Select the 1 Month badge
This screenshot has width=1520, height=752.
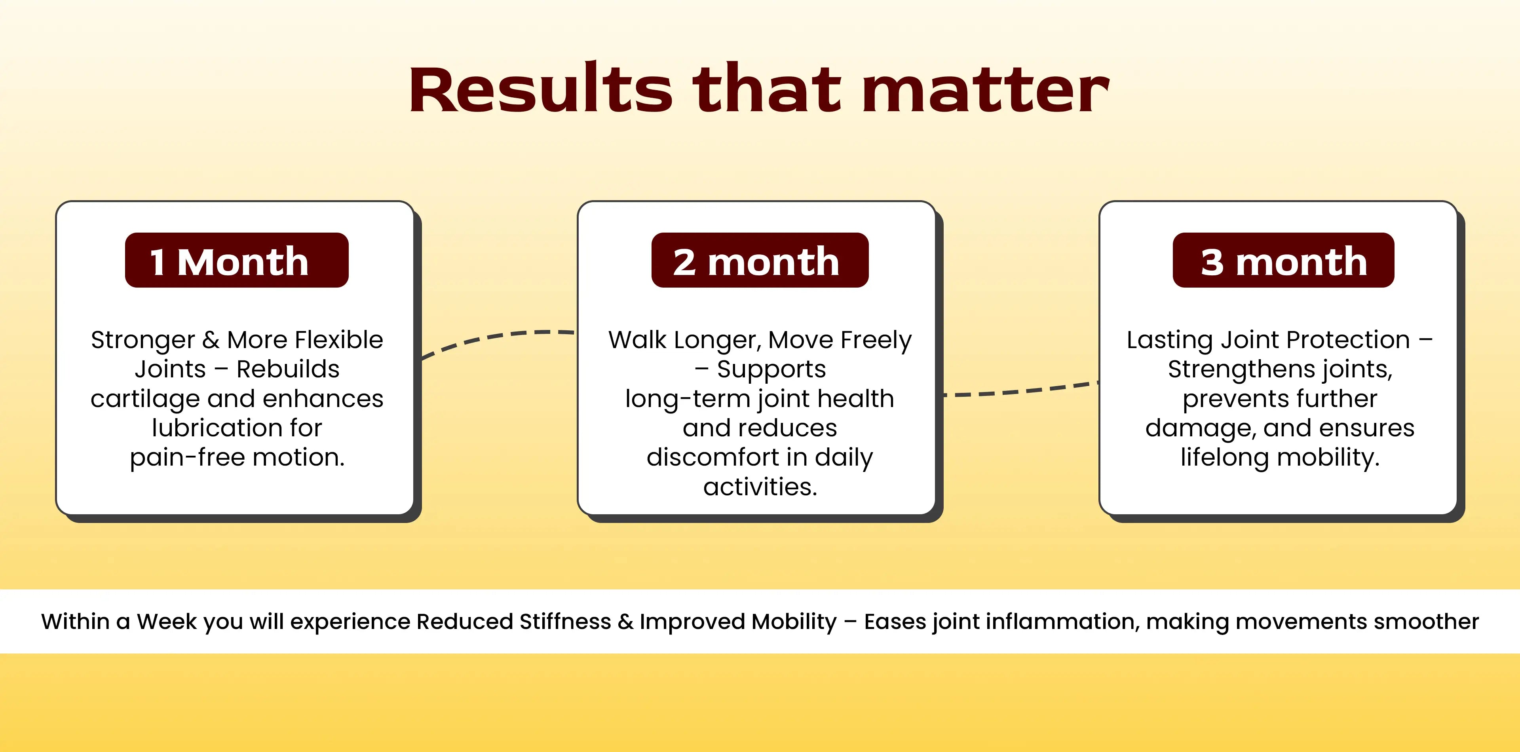(x=237, y=260)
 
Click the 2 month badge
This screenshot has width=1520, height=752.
(x=760, y=260)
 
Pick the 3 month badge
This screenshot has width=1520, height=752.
(x=1283, y=260)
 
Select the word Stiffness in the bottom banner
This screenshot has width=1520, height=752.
(x=565, y=621)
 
